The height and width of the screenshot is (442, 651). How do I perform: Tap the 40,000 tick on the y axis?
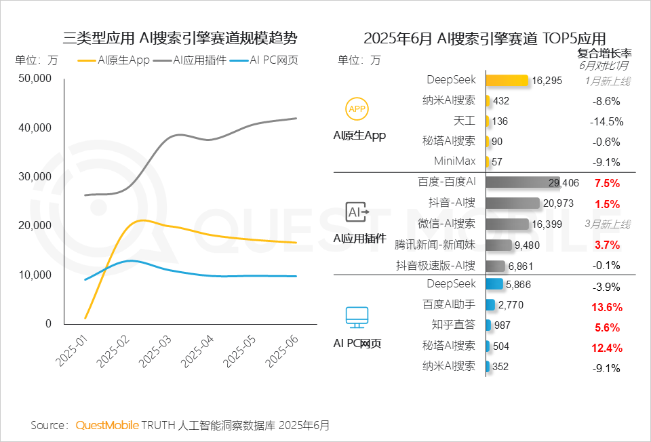(35, 127)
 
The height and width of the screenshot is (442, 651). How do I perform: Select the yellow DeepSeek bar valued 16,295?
(507, 80)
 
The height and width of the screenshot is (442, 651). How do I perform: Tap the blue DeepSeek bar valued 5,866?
(494, 285)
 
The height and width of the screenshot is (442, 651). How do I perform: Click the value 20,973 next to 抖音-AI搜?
(559, 203)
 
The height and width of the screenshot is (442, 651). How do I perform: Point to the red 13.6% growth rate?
(607, 306)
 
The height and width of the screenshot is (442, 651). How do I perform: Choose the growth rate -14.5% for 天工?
(604, 121)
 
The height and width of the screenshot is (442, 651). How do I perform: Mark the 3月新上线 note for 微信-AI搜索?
(608, 224)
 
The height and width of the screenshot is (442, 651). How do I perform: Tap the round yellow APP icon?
(357, 108)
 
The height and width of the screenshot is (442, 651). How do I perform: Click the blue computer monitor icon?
(357, 316)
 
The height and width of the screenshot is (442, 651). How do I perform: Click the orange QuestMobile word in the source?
(106, 425)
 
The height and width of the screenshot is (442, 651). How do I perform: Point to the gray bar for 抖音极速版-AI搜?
(496, 265)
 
